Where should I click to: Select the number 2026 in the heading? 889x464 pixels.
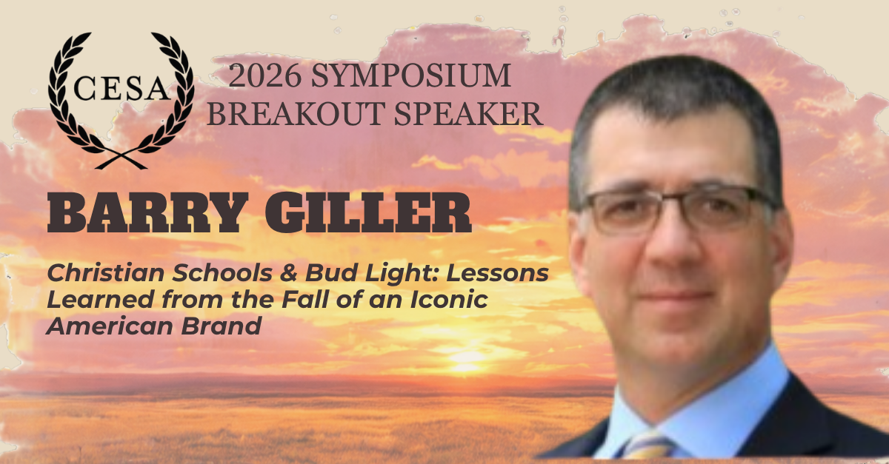pyautogui.click(x=264, y=75)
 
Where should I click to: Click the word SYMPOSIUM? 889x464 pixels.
pyautogui.click(x=410, y=75)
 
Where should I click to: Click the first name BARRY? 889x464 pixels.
pyautogui.click(x=147, y=212)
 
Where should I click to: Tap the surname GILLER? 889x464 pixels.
pyautogui.click(x=368, y=212)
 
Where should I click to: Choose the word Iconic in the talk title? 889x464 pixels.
pyautogui.click(x=449, y=299)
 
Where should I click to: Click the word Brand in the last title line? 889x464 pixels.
pyautogui.click(x=222, y=326)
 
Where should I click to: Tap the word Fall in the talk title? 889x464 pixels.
pyautogui.click(x=305, y=299)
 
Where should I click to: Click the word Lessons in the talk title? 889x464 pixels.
pyautogui.click(x=497, y=273)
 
